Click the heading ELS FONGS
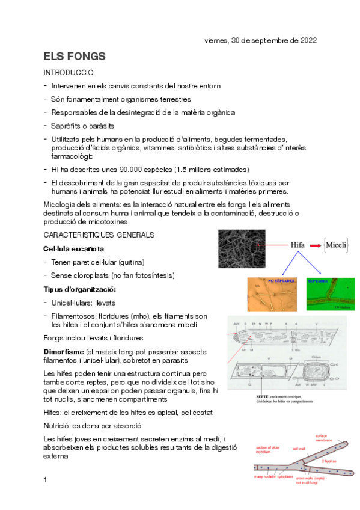75,57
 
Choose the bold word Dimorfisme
64,351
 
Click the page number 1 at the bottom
45,480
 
